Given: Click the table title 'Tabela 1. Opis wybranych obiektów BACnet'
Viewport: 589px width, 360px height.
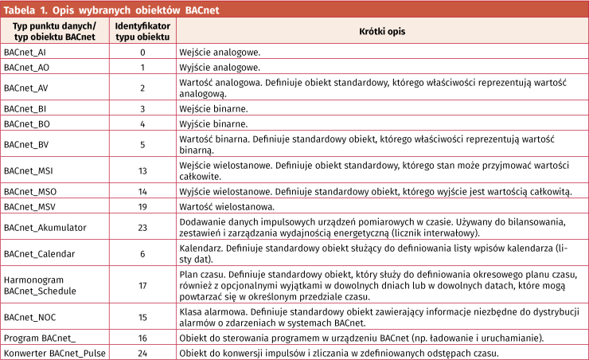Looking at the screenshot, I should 111,10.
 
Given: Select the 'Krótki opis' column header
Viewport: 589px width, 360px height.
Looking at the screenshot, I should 381,32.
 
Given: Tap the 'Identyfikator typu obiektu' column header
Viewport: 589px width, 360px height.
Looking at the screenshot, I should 142,32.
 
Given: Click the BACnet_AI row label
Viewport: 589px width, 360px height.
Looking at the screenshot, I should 25,52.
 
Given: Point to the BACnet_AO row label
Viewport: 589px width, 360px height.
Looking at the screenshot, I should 25,68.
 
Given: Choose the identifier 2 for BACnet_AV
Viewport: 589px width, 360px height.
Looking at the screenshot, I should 142,88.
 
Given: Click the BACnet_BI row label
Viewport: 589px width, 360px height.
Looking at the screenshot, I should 24,108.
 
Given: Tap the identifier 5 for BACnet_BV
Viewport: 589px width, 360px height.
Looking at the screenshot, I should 142,144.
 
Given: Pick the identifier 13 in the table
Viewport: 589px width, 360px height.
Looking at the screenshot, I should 142,170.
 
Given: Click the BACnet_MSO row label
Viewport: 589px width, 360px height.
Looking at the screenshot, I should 29,192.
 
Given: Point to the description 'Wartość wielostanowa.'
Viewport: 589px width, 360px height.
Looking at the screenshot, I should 228,207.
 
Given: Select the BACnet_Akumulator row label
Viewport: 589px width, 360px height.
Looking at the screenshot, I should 45,228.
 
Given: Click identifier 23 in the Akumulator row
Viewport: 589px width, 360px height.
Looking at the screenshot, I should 142,228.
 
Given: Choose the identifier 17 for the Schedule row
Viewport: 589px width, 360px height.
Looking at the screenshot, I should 142,284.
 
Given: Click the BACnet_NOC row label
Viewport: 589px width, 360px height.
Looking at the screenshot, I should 28,317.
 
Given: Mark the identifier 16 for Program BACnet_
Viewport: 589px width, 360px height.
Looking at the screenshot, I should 142,338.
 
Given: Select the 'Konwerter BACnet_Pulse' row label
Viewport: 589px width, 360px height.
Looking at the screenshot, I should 55,353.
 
